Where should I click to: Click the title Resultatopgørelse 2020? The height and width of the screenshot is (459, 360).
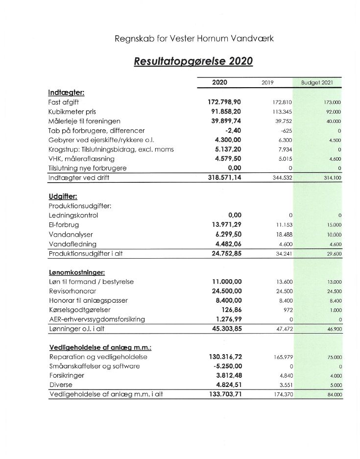(193, 62)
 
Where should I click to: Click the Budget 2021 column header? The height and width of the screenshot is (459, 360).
(317, 83)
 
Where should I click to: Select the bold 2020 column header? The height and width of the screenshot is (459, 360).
(219, 82)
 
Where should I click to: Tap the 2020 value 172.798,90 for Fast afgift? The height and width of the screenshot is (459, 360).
(224, 102)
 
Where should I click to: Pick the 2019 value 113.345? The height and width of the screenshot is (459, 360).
(282, 112)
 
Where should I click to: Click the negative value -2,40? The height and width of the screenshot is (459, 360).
(232, 131)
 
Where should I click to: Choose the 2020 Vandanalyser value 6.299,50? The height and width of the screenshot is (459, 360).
(228, 235)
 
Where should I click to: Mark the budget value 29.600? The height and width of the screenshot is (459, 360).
(334, 254)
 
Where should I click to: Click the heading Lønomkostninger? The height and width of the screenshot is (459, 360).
(77, 272)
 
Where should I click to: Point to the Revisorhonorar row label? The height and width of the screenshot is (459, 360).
(72, 291)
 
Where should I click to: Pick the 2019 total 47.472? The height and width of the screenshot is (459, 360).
(284, 329)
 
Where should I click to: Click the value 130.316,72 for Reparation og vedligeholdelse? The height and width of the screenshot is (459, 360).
(225, 357)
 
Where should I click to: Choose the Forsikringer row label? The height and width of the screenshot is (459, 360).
(67, 376)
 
